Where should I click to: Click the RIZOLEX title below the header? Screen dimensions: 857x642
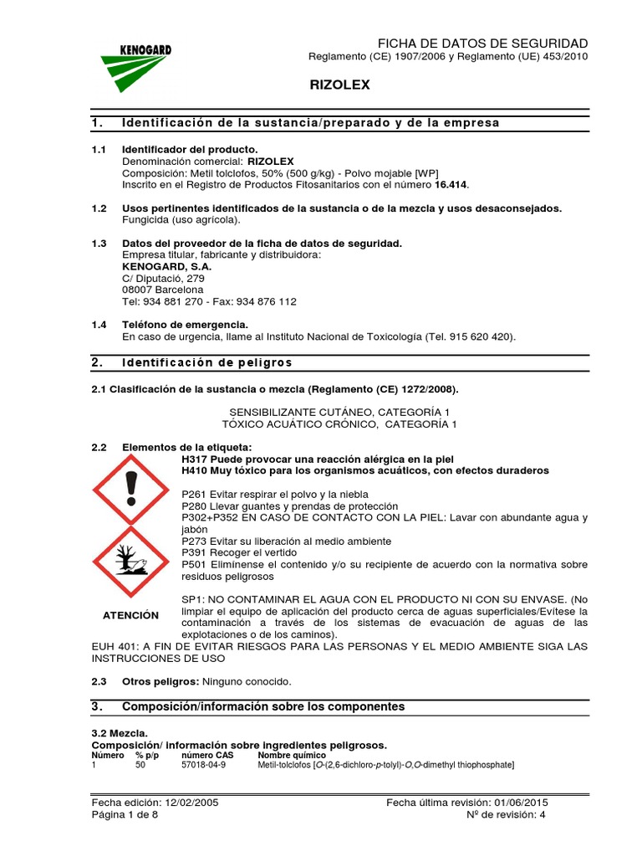pyautogui.click(x=339, y=85)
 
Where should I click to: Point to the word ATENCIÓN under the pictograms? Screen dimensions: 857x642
pyautogui.click(x=130, y=615)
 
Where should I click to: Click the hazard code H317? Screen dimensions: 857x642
pyautogui.click(x=195, y=459)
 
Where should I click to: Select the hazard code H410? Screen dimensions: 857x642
pyautogui.click(x=195, y=470)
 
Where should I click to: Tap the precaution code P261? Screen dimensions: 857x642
pyautogui.click(x=194, y=495)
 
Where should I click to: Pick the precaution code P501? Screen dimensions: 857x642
pyautogui.click(x=194, y=565)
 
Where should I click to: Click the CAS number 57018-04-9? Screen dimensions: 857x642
pyautogui.click(x=203, y=765)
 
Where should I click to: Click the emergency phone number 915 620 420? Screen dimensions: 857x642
pyautogui.click(x=481, y=336)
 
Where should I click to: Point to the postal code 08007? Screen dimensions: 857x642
pyautogui.click(x=138, y=290)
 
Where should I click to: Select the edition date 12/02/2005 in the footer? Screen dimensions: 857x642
pyautogui.click(x=191, y=802)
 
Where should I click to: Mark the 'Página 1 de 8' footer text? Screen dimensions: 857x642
pyautogui.click(x=125, y=814)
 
